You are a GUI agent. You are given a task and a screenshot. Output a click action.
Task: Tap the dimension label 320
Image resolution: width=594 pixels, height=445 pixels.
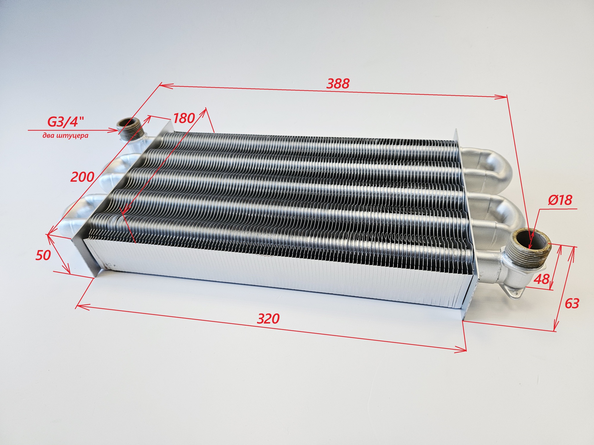tap(268, 318)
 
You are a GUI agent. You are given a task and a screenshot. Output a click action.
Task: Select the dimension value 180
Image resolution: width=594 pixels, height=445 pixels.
tap(184, 118)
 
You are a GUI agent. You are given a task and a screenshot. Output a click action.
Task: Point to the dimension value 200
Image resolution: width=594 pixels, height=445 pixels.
tap(83, 177)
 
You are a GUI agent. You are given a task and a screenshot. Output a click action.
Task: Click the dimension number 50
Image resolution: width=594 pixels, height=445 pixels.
tap(43, 255)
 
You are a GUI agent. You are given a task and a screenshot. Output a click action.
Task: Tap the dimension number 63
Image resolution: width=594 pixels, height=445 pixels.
tap(572, 304)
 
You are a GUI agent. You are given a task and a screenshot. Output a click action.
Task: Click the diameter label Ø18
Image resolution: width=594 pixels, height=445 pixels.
tap(560, 200)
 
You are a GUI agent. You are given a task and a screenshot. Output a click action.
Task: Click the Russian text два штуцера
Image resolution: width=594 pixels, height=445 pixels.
tap(66, 135)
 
